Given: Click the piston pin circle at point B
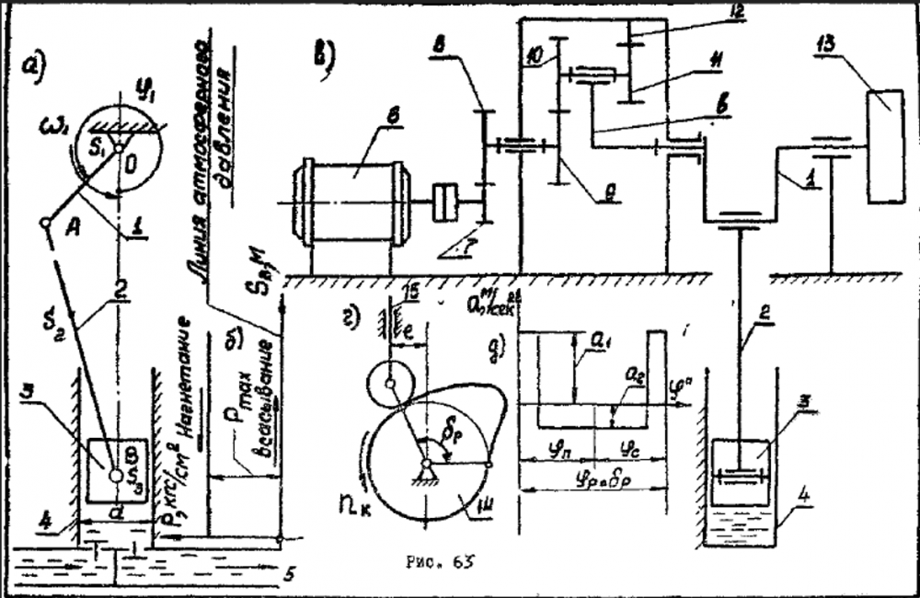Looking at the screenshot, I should (x=116, y=476).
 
